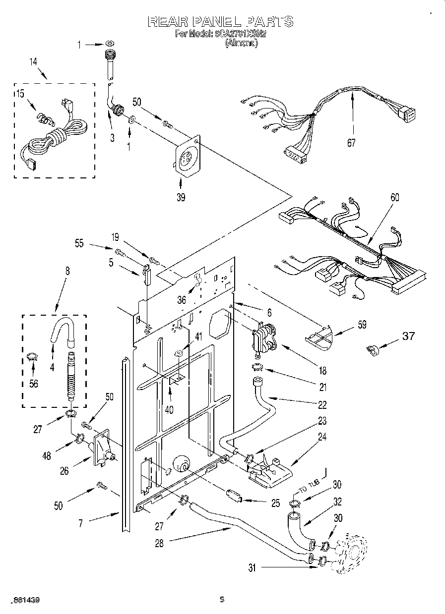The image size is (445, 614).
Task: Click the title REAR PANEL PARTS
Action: [x=220, y=21]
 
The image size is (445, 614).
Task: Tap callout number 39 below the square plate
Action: [x=181, y=197]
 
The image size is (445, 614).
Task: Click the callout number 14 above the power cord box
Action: [x=33, y=62]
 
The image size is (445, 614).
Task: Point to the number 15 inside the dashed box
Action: [x=20, y=94]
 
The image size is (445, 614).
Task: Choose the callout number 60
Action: [x=394, y=197]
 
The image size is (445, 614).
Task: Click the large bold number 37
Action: [x=408, y=336]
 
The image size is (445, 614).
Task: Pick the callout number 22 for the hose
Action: [x=322, y=405]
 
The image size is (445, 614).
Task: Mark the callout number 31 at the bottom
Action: [x=253, y=568]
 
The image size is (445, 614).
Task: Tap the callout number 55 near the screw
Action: [x=79, y=244]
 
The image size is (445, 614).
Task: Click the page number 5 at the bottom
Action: [x=222, y=600]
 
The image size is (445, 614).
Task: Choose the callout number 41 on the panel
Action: [x=198, y=336]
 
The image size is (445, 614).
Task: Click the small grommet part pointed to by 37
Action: [x=372, y=350]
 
